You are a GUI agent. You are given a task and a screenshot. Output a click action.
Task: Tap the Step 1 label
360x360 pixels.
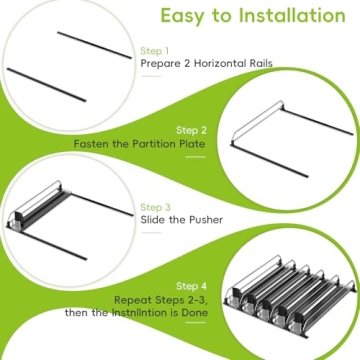tap(154, 50)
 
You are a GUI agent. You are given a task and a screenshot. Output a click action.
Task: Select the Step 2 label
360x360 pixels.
tap(192, 130)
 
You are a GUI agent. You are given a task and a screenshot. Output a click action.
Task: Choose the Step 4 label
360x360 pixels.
tap(192, 286)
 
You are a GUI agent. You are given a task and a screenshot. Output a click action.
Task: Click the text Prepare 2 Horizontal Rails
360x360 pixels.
tap(206, 64)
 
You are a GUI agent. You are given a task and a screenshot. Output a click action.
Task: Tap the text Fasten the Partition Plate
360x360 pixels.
tap(141, 144)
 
